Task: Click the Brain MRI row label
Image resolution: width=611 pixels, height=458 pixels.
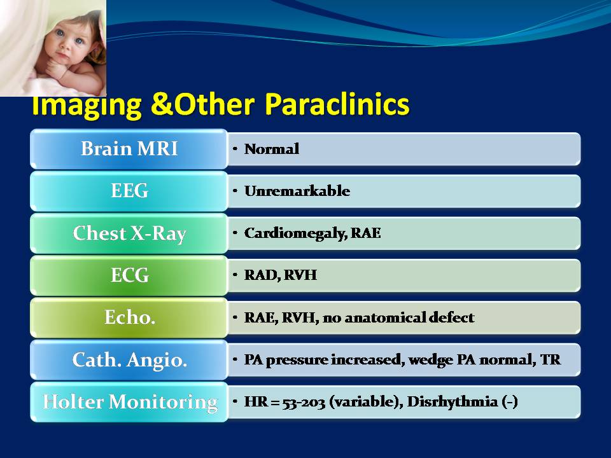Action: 129,148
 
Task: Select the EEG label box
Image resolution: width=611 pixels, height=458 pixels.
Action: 129,191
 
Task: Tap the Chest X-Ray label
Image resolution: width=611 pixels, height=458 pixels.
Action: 129,233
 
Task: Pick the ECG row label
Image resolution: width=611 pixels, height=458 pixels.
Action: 129,275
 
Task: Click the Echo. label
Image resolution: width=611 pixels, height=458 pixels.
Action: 129,317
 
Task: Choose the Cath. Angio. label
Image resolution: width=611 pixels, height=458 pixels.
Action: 129,359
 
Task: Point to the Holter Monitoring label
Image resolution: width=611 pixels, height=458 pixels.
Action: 130,402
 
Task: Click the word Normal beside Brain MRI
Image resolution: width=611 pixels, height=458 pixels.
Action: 272,149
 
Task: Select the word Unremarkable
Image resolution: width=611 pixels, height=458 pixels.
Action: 297,191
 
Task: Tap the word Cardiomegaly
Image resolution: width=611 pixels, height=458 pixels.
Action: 295,233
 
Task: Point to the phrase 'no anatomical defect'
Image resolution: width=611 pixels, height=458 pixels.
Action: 398,317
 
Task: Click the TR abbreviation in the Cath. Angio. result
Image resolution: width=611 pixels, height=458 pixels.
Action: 550,359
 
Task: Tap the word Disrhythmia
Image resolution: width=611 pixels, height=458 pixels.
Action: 452,402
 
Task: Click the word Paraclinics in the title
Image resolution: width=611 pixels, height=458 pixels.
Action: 337,104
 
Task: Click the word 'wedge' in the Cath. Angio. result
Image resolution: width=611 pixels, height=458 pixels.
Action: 431,360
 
